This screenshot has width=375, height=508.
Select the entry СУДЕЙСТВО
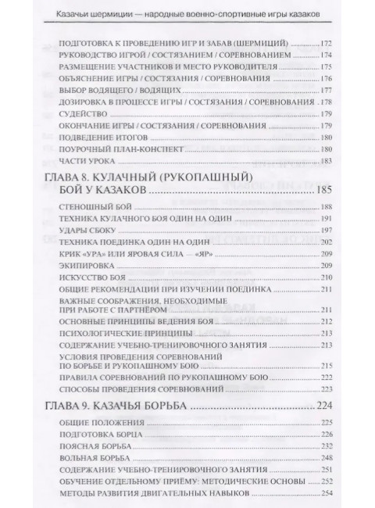pyautogui.click(x=80, y=114)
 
